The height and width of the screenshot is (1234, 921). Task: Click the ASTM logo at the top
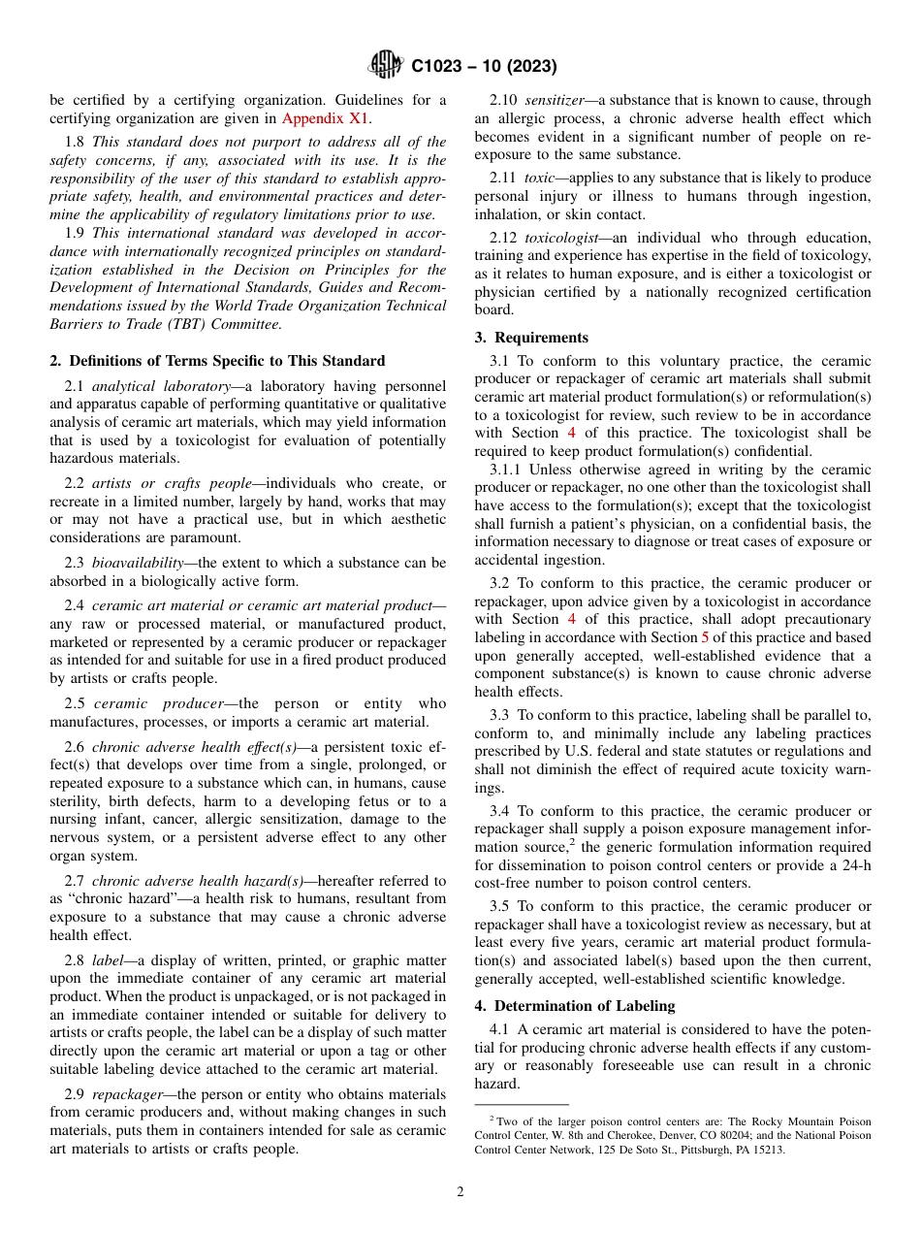(x=385, y=66)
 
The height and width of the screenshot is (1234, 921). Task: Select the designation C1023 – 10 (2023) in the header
(x=484, y=67)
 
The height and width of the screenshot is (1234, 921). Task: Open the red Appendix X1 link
(x=326, y=118)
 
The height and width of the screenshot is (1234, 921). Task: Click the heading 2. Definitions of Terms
(x=217, y=361)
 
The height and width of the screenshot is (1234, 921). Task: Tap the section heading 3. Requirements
(x=531, y=338)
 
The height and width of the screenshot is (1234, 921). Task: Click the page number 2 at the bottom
(x=460, y=1192)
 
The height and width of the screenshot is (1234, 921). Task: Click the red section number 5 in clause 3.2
(x=705, y=637)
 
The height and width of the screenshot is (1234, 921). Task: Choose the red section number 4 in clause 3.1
(x=571, y=433)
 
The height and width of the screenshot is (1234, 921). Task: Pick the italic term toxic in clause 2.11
(x=539, y=178)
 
